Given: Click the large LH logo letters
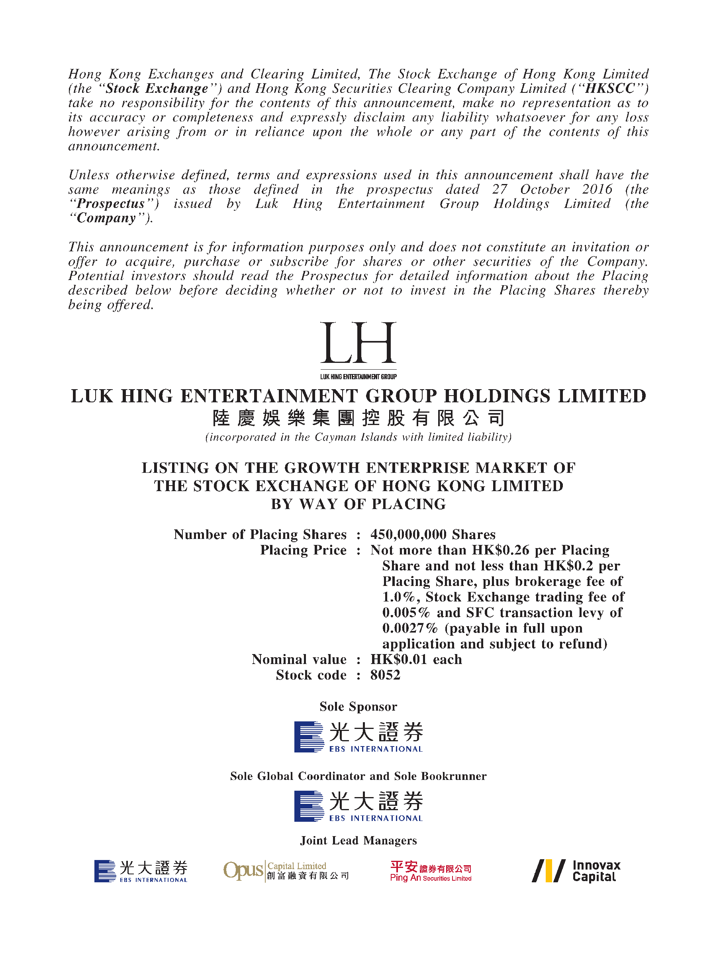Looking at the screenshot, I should [358, 343].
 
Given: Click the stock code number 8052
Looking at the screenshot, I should [385, 675].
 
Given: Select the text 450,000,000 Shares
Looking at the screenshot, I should [433, 535].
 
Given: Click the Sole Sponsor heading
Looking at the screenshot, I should [358, 706].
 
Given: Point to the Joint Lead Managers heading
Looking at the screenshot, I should [358, 840].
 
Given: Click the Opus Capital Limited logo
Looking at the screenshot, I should [286, 870].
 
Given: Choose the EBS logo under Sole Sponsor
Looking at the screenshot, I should [358, 737].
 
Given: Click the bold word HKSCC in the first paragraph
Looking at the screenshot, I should [610, 88].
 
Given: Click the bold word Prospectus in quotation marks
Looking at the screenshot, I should [111, 204].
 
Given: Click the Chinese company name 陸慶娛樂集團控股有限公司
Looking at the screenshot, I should [358, 418].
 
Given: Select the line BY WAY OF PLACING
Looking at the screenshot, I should [358, 504].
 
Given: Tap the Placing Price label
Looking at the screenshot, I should [303, 550].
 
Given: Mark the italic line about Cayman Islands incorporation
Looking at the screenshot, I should [358, 437].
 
